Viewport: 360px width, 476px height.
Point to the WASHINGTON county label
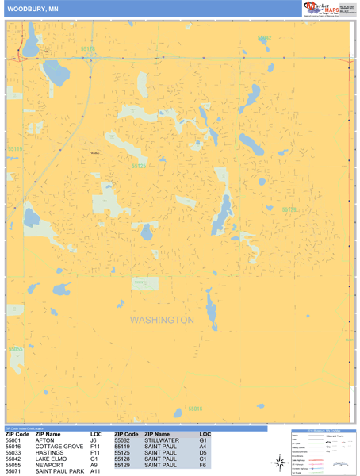click(x=162, y=320)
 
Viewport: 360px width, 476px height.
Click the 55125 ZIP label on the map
click(x=139, y=166)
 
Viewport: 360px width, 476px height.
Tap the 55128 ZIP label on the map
click(x=88, y=49)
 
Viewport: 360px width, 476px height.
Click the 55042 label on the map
click(x=265, y=38)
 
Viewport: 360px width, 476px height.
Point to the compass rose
click(x=281, y=463)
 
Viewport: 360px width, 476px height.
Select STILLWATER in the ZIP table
click(x=161, y=441)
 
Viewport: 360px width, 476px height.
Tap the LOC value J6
click(x=94, y=441)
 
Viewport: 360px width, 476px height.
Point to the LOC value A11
click(x=95, y=472)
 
